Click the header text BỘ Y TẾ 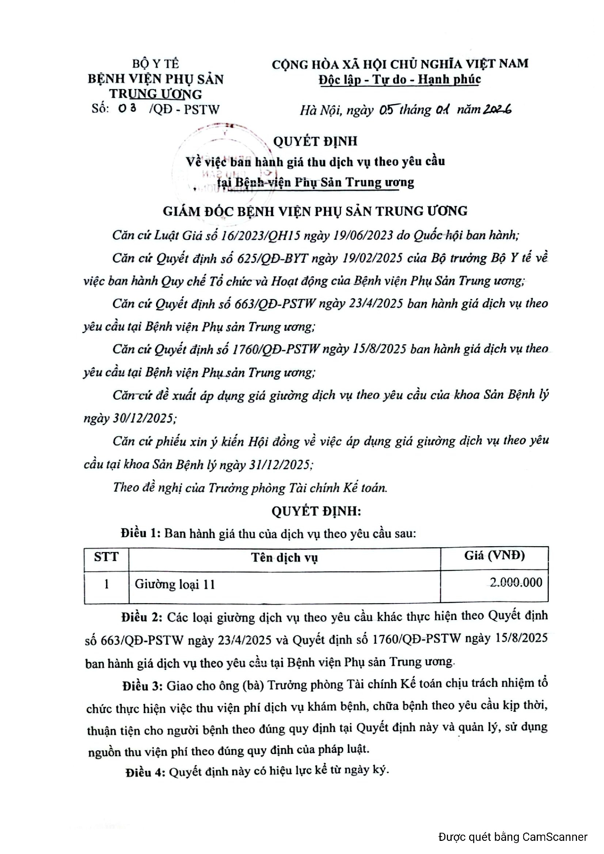pyautogui.click(x=156, y=64)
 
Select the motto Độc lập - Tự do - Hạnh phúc pyautogui.click(x=400, y=80)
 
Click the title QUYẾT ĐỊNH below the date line pyautogui.click(x=315, y=141)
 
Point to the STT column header pyautogui.click(x=106, y=557)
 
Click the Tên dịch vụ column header pyautogui.click(x=284, y=558)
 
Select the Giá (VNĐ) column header pyautogui.click(x=494, y=556)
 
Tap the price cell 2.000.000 pyautogui.click(x=516, y=582)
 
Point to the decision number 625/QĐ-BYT pyautogui.click(x=273, y=258)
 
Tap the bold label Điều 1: pyautogui.click(x=140, y=534)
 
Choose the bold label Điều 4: pyautogui.click(x=145, y=772)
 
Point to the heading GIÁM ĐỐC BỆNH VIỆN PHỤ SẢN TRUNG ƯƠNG pyautogui.click(x=315, y=211)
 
